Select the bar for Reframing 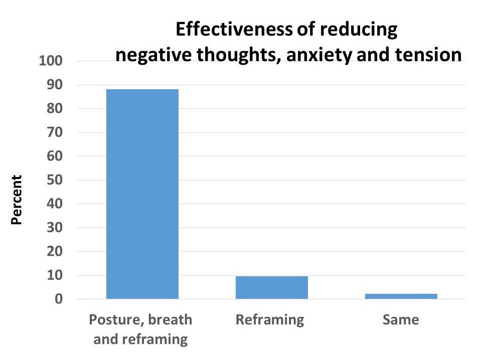pos(271,287)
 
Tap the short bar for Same pos(401,296)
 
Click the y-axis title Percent pos(17,200)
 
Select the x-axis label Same pos(401,320)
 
